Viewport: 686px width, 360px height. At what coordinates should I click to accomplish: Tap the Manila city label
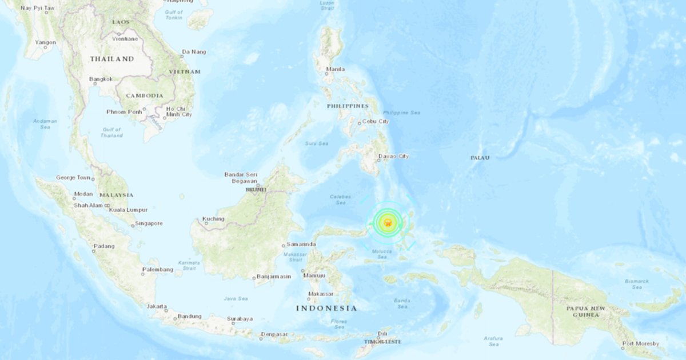point(335,69)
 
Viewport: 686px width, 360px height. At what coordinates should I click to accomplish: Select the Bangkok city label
point(101,79)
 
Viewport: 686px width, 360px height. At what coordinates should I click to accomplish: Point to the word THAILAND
point(112,59)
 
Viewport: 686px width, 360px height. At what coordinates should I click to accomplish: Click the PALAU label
point(480,157)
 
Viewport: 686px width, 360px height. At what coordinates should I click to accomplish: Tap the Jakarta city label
point(157,306)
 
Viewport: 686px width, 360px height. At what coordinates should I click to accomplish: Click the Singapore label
point(150,223)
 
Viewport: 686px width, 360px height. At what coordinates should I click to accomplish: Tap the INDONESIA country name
point(326,308)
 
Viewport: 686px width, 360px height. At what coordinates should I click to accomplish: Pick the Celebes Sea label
point(340,199)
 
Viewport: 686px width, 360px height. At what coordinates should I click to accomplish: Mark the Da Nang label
point(193,52)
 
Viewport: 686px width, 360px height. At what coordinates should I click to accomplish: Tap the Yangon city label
point(45,42)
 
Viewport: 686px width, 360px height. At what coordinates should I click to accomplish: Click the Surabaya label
point(240,319)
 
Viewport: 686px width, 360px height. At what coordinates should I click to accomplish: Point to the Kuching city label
point(213,219)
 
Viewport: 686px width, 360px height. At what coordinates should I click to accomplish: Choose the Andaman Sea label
point(45,123)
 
